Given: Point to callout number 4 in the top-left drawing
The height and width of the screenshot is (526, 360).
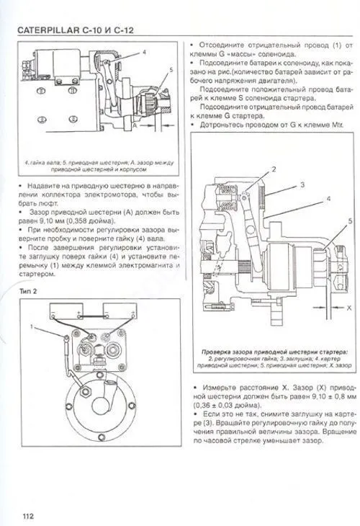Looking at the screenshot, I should (144, 53).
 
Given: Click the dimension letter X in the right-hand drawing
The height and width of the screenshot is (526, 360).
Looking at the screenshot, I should (348, 307).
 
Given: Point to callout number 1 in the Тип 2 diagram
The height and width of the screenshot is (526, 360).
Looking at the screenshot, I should (32, 327).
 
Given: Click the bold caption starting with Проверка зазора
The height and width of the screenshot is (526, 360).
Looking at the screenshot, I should (275, 351).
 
